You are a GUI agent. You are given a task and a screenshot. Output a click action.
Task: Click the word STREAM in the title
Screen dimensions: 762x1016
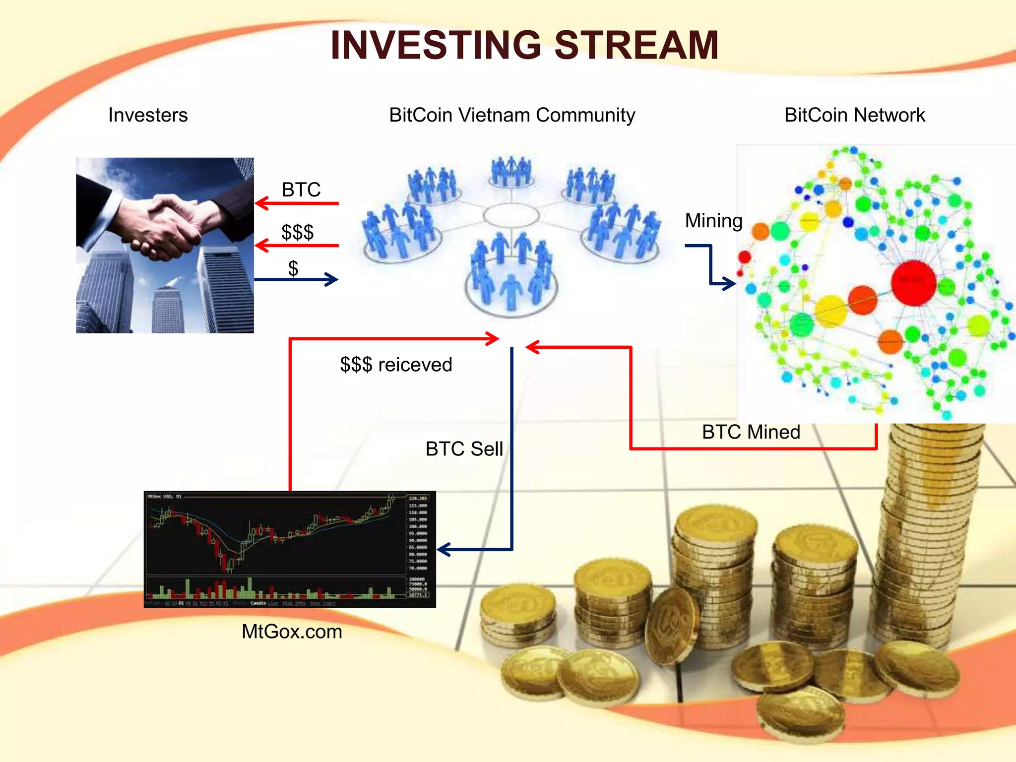(636, 45)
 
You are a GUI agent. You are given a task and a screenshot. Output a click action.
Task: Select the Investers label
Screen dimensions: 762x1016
(148, 115)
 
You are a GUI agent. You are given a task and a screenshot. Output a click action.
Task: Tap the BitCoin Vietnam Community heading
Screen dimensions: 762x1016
(511, 115)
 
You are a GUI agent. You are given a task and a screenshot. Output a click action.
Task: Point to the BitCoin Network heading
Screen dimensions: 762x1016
(854, 115)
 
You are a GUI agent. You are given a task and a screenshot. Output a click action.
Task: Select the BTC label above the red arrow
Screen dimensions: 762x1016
(301, 190)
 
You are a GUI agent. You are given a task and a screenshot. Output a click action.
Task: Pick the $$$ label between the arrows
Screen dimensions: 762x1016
(297, 232)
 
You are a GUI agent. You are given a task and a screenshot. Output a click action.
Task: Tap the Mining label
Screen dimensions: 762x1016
(713, 221)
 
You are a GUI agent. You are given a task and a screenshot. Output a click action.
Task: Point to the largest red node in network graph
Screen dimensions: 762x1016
(913, 282)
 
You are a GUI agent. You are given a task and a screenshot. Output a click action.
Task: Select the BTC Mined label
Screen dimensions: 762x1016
(751, 432)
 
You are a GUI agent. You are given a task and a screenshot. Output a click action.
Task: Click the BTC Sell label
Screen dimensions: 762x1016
(464, 449)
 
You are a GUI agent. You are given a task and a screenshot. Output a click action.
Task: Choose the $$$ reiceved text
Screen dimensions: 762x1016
(396, 365)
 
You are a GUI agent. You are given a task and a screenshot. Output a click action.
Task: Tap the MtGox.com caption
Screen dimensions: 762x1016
(292, 632)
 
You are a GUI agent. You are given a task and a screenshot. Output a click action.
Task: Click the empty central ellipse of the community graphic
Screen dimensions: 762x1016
(511, 215)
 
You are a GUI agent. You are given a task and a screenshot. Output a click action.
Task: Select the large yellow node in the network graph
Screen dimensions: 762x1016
(830, 311)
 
